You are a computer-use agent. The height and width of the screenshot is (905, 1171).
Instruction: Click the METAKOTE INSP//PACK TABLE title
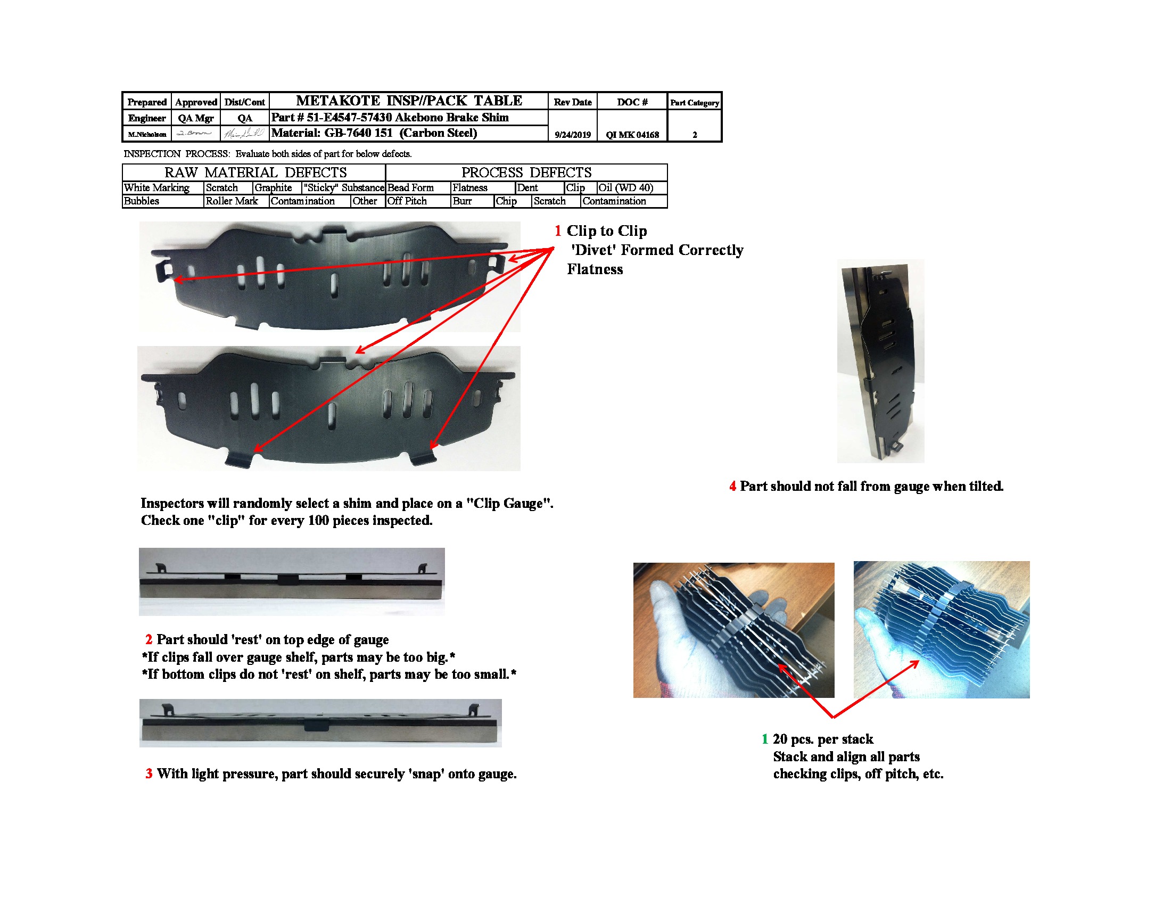click(x=409, y=101)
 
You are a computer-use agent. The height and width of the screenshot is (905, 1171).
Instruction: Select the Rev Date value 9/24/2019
click(x=572, y=135)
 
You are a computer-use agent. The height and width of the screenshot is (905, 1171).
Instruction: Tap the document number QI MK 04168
click(x=632, y=135)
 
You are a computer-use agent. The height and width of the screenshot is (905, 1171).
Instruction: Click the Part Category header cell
click(x=694, y=102)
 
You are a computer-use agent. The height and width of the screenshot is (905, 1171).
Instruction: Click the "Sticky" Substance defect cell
click(x=343, y=187)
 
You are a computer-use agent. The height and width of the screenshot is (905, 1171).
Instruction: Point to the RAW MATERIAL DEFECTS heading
click(x=255, y=172)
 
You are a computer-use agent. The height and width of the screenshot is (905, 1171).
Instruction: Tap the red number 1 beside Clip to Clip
click(x=558, y=231)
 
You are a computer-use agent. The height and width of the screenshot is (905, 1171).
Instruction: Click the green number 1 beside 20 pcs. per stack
click(x=764, y=739)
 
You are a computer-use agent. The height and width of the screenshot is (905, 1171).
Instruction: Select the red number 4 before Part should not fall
click(x=732, y=486)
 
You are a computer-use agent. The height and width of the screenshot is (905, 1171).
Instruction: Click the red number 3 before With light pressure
click(x=149, y=774)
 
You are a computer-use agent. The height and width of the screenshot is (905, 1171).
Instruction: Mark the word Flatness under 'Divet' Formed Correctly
click(x=595, y=269)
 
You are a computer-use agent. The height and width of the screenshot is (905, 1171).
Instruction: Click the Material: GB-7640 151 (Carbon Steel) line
click(x=374, y=133)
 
